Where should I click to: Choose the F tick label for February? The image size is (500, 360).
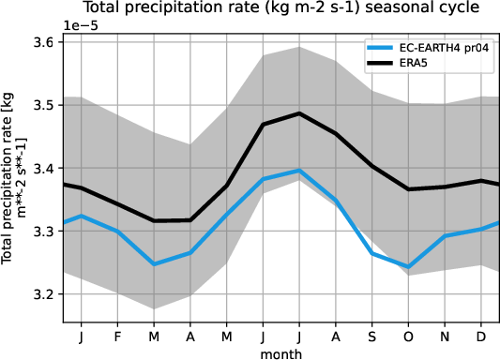[x=117, y=335]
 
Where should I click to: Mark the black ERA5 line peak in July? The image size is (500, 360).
[x=299, y=113]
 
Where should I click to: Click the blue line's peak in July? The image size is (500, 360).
[x=299, y=171]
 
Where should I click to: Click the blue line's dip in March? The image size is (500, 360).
[x=154, y=264]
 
